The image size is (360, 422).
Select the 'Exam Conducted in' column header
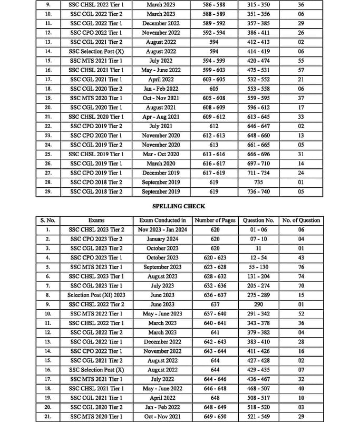click(162, 220)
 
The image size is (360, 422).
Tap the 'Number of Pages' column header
click(215, 220)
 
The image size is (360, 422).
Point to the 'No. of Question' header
click(301, 220)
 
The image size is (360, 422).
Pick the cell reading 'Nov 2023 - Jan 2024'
click(162, 230)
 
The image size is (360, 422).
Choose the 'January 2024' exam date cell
click(162, 239)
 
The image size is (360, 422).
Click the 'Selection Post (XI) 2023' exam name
click(96, 295)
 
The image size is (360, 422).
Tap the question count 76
click(301, 267)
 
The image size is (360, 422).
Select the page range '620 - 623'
click(215, 257)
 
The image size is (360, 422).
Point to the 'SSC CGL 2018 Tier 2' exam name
click(96, 191)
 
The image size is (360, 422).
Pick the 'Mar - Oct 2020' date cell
click(162, 154)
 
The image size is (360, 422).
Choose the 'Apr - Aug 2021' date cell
click(162, 117)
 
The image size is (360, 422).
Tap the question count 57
click(301, 70)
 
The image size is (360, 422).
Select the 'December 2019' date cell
click(162, 173)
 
